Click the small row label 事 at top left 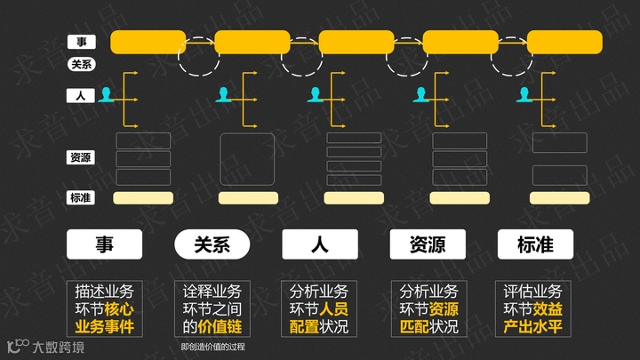click(x=81, y=42)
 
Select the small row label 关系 click(x=81, y=64)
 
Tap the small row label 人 click(x=81, y=94)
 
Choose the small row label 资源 click(x=81, y=157)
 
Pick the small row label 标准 click(x=81, y=197)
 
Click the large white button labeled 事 click(x=105, y=244)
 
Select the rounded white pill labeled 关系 click(x=212, y=244)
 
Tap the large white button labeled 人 click(x=319, y=244)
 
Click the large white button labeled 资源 click(x=428, y=244)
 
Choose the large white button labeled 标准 click(x=535, y=244)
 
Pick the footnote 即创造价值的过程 click(x=212, y=347)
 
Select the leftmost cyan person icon click(x=108, y=93)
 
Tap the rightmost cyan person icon click(x=524, y=93)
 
